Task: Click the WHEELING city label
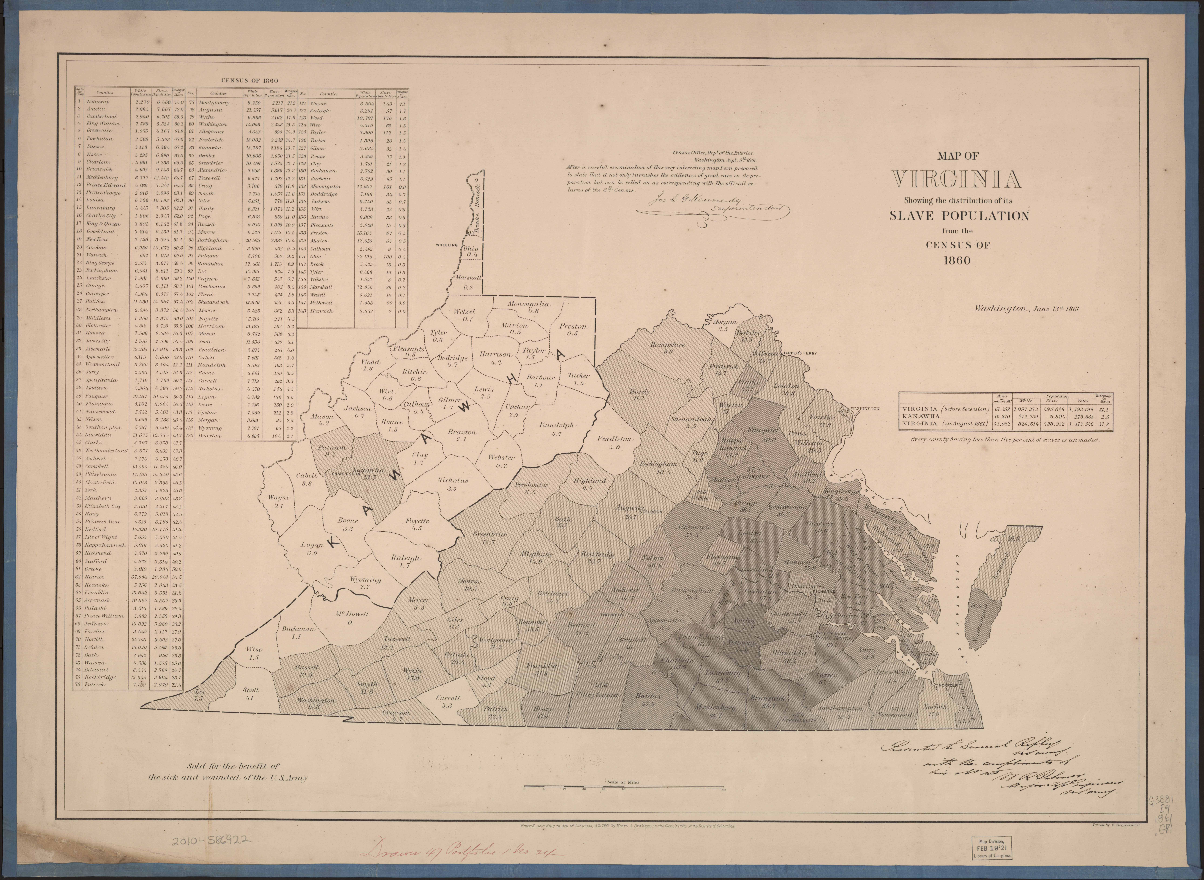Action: click(x=447, y=245)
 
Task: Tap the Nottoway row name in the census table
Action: click(x=98, y=101)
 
